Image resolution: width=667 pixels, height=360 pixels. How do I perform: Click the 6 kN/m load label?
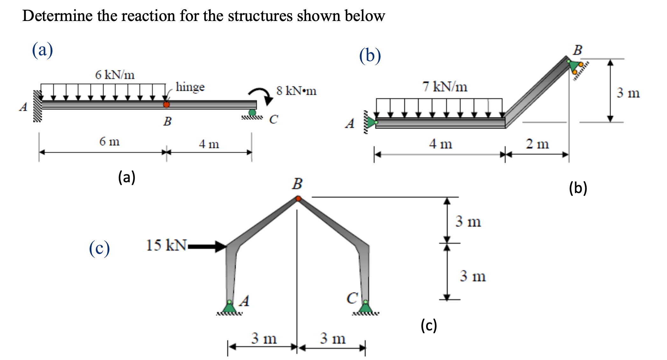(115, 75)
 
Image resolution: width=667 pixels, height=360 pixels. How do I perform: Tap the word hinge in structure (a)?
(190, 87)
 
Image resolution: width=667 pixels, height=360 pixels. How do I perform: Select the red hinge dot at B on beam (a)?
(166, 105)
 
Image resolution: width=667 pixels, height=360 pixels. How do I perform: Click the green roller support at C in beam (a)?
(252, 113)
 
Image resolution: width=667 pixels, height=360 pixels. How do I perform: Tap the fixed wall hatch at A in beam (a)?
(38, 106)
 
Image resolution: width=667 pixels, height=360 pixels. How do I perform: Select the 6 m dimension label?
(109, 141)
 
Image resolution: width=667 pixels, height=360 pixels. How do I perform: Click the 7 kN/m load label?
(445, 87)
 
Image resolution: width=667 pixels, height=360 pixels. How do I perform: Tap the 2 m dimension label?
(537, 144)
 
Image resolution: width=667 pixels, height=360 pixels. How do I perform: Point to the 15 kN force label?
(166, 245)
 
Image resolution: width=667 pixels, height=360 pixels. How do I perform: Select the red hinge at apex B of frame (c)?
(298, 199)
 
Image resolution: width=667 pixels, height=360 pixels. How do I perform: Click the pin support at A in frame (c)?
(229, 307)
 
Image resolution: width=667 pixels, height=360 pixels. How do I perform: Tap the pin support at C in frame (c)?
(365, 307)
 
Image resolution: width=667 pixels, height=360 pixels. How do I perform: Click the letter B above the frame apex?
(297, 184)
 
